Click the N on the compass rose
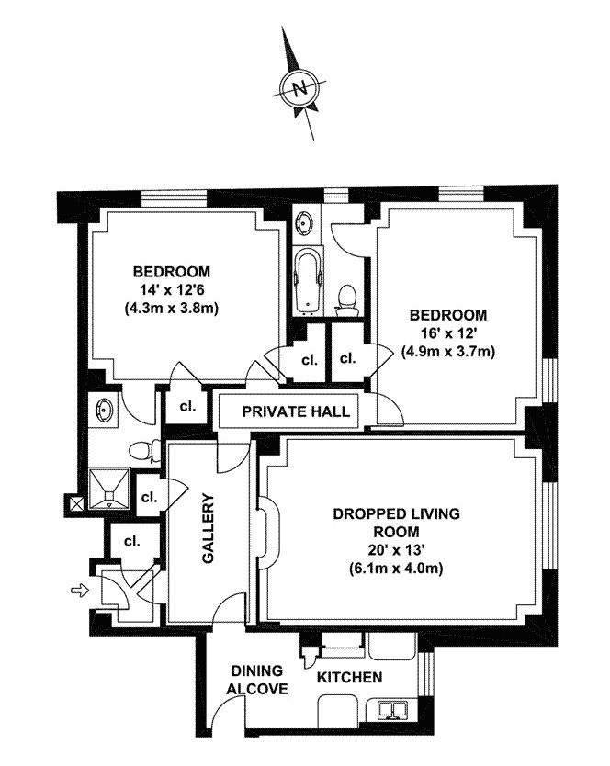pos(298,89)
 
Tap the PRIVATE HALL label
pos(296,411)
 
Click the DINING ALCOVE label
pos(259,680)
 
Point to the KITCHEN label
pos(349,678)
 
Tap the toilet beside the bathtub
pos(347,297)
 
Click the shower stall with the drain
pos(110,490)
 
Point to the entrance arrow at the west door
pos(80,589)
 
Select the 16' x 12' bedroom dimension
pos(448,332)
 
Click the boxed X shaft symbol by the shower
pos(76,502)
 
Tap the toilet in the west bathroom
pos(141,450)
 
